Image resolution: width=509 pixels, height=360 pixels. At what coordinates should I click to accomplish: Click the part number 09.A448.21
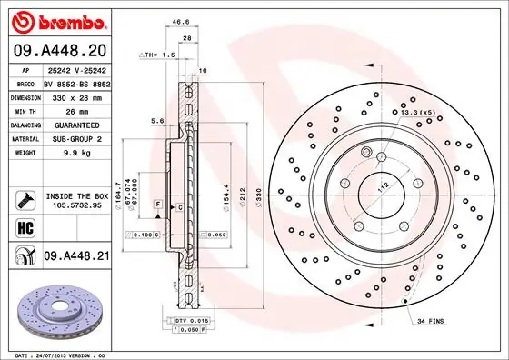[77, 257]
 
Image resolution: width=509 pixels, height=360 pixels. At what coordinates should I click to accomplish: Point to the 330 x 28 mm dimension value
[75, 97]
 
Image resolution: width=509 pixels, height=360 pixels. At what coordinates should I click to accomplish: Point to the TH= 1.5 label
[158, 55]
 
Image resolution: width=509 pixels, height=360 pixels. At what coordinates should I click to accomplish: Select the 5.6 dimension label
[156, 120]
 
